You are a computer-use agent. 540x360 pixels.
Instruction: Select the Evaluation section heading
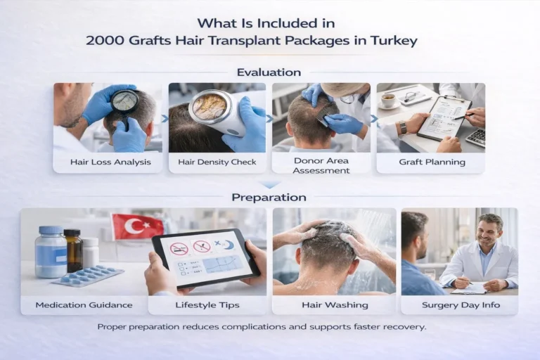(269, 72)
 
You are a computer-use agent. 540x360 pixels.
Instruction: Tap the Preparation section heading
(269, 198)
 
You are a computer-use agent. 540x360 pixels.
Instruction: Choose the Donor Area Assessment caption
(321, 166)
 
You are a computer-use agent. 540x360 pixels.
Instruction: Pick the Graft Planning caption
(432, 162)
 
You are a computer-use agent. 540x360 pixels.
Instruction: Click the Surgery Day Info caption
(458, 305)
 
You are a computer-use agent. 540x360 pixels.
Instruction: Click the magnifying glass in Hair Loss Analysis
(124, 103)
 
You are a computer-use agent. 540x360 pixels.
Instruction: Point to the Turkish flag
(137, 226)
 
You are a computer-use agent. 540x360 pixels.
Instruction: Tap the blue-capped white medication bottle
(50, 251)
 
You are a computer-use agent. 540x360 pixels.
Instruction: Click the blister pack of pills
(89, 276)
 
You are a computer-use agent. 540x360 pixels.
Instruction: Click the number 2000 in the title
(105, 41)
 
